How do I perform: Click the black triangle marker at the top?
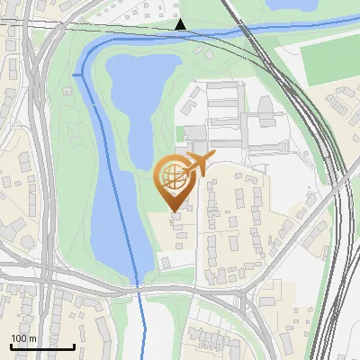tap(181, 24)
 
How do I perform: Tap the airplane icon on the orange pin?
tap(198, 164)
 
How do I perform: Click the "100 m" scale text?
tap(24, 338)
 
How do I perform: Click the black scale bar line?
tap(42, 346)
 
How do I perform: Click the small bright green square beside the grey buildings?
tap(181, 133)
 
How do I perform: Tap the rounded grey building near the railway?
tap(266, 109)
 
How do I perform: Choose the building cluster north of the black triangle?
tap(162, 11)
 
